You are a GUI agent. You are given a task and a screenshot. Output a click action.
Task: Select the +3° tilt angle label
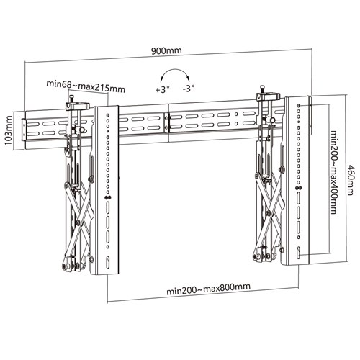[163, 90]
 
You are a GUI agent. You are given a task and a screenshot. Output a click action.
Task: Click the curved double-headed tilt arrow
[174, 76]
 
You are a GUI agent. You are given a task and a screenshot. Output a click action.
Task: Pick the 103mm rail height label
[9, 128]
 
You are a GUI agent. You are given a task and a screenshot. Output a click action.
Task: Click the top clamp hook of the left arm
[76, 105]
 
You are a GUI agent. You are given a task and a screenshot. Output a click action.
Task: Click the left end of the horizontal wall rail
[27, 127]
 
